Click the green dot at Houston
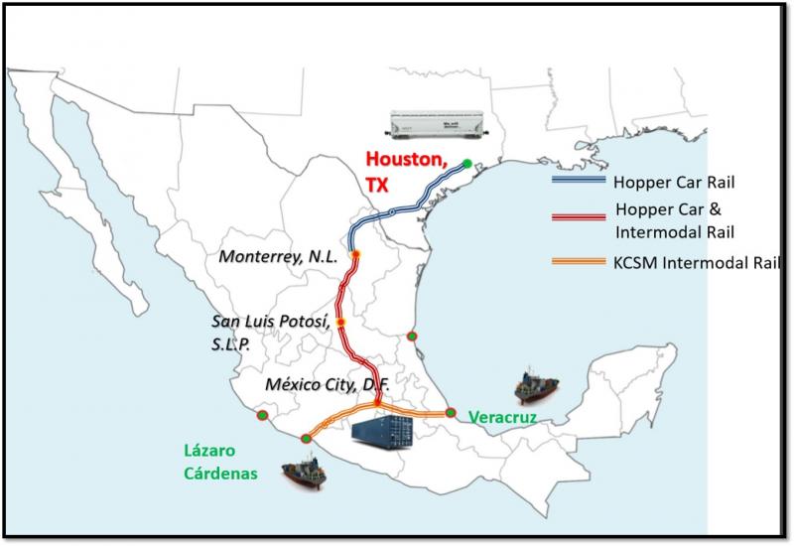click(467, 164)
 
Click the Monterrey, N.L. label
click(279, 256)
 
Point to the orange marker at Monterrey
click(354, 255)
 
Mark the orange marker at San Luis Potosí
click(339, 323)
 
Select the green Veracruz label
click(502, 419)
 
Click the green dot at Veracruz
click(450, 412)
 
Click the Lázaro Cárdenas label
click(219, 461)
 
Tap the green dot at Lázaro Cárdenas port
click(306, 438)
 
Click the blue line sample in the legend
click(579, 182)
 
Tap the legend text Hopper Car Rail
click(672, 183)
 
